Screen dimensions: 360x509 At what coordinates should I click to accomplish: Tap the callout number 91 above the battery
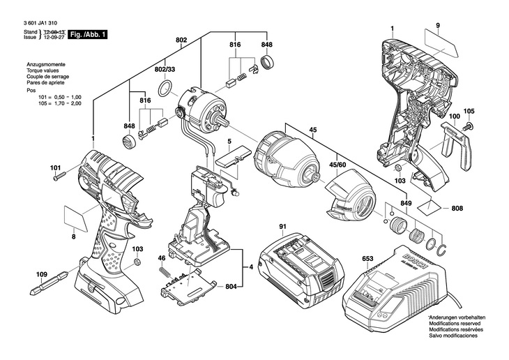pos(283,226)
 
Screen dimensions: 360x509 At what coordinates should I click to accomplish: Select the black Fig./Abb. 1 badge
pos(88,33)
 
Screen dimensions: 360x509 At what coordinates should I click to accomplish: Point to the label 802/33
pos(165,70)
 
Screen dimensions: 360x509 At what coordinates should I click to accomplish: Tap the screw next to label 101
pos(58,176)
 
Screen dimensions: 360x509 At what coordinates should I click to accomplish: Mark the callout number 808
pos(457,208)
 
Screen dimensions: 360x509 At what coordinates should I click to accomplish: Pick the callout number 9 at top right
pos(439,26)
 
